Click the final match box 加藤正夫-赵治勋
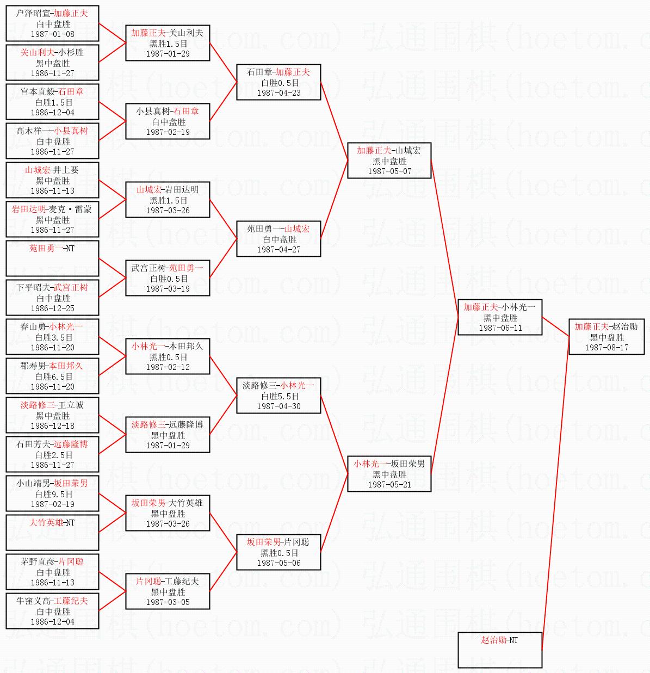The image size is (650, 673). (606, 337)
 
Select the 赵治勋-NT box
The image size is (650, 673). (500, 650)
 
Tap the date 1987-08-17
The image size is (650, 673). (606, 347)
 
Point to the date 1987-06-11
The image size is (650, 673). (500, 328)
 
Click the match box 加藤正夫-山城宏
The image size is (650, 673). (389, 160)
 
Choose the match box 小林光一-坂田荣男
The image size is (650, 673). (389, 474)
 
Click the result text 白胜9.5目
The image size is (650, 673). (53, 494)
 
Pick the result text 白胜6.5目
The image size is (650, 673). (53, 376)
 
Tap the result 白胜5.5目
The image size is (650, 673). (278, 396)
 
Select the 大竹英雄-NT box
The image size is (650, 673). (52, 532)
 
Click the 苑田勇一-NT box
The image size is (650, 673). (52, 258)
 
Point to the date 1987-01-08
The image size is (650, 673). (53, 34)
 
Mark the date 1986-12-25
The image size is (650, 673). (53, 308)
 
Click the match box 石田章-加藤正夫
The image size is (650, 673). (278, 82)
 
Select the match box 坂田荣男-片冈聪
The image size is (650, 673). (278, 552)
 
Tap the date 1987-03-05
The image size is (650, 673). (168, 602)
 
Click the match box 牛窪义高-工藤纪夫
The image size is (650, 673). (52, 610)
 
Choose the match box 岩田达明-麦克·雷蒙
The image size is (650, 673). (52, 219)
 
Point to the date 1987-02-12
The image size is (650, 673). (168, 367)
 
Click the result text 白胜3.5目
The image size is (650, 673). (53, 337)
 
